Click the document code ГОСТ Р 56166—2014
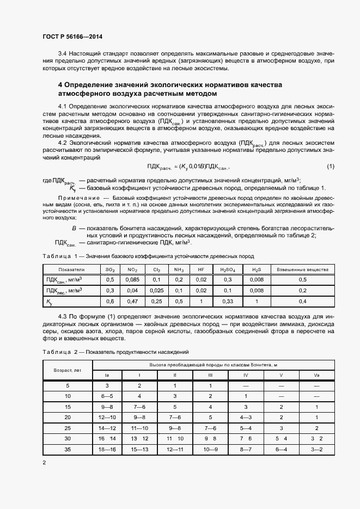click(x=72, y=36)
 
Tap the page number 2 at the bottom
click(x=45, y=462)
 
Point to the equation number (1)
click(x=331, y=166)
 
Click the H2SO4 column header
click(x=228, y=269)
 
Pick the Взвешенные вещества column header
click(x=303, y=269)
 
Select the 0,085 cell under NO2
click(x=132, y=280)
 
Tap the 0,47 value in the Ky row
click(x=132, y=301)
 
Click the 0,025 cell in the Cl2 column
click(x=156, y=291)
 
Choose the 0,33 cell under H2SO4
click(x=228, y=301)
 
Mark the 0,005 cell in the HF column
click(x=201, y=291)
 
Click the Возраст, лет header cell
click(x=68, y=370)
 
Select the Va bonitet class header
click(x=316, y=375)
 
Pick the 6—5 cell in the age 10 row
click(x=108, y=396)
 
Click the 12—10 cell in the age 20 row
click(x=108, y=417)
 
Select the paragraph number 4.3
click(x=62, y=316)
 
